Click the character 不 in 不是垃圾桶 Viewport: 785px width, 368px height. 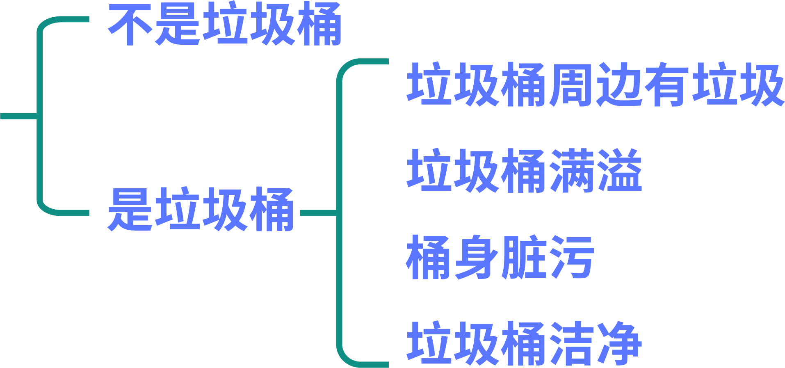pos(130,24)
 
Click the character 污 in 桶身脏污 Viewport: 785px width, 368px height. pos(572,257)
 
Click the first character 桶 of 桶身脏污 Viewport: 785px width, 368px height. pos(429,257)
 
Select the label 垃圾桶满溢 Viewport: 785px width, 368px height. pos(524,171)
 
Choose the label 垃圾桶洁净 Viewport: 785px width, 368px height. pos(524,343)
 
